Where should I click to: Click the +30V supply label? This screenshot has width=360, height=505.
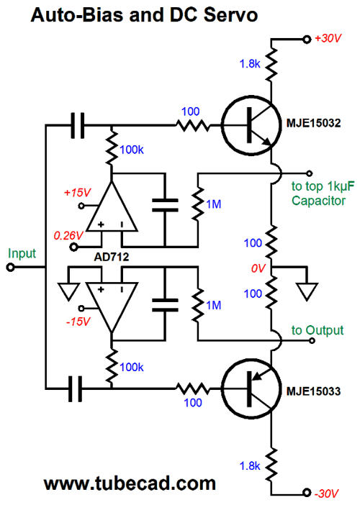point(328,38)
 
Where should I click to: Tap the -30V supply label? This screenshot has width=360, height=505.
point(326,493)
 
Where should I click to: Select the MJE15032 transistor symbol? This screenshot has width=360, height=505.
point(251,125)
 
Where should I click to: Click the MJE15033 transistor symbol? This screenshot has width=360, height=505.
point(251,389)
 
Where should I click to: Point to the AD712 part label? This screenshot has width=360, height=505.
point(112,257)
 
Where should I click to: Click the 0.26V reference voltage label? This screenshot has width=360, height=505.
point(68,236)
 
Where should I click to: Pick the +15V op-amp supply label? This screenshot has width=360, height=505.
point(77,193)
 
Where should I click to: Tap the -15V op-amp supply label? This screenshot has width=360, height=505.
point(78,322)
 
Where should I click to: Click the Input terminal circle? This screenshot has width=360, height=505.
point(10,268)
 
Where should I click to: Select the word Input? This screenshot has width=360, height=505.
point(22,253)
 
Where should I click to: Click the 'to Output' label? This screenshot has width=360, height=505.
point(318,330)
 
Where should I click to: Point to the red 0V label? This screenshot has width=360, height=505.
point(258,268)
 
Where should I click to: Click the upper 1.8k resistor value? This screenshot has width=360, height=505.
point(250,64)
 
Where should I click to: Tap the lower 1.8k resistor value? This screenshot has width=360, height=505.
point(250,465)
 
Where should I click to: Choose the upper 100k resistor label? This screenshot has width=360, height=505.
point(132,150)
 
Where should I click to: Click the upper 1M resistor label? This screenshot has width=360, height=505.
point(213,204)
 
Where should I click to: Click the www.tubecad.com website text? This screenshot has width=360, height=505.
point(130,483)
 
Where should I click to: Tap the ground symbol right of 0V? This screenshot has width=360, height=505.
point(307,291)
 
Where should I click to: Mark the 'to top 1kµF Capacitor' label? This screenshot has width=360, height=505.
point(323,194)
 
